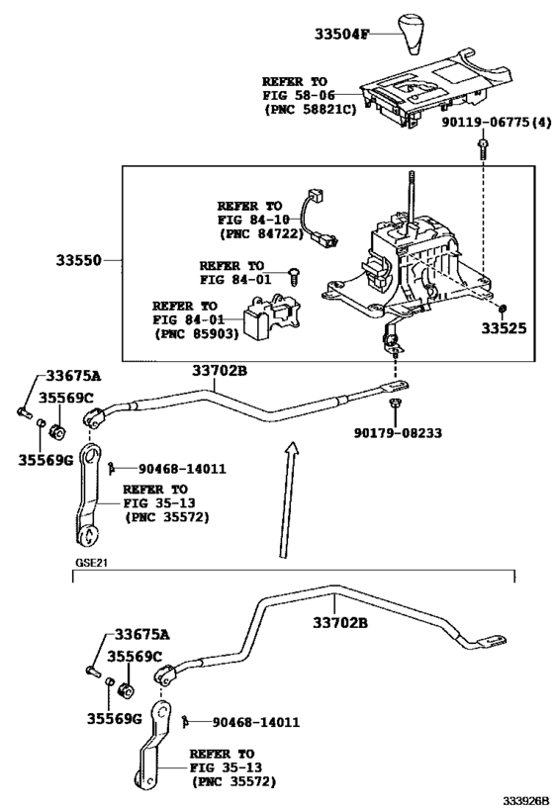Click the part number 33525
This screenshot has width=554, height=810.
tap(505, 328)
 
